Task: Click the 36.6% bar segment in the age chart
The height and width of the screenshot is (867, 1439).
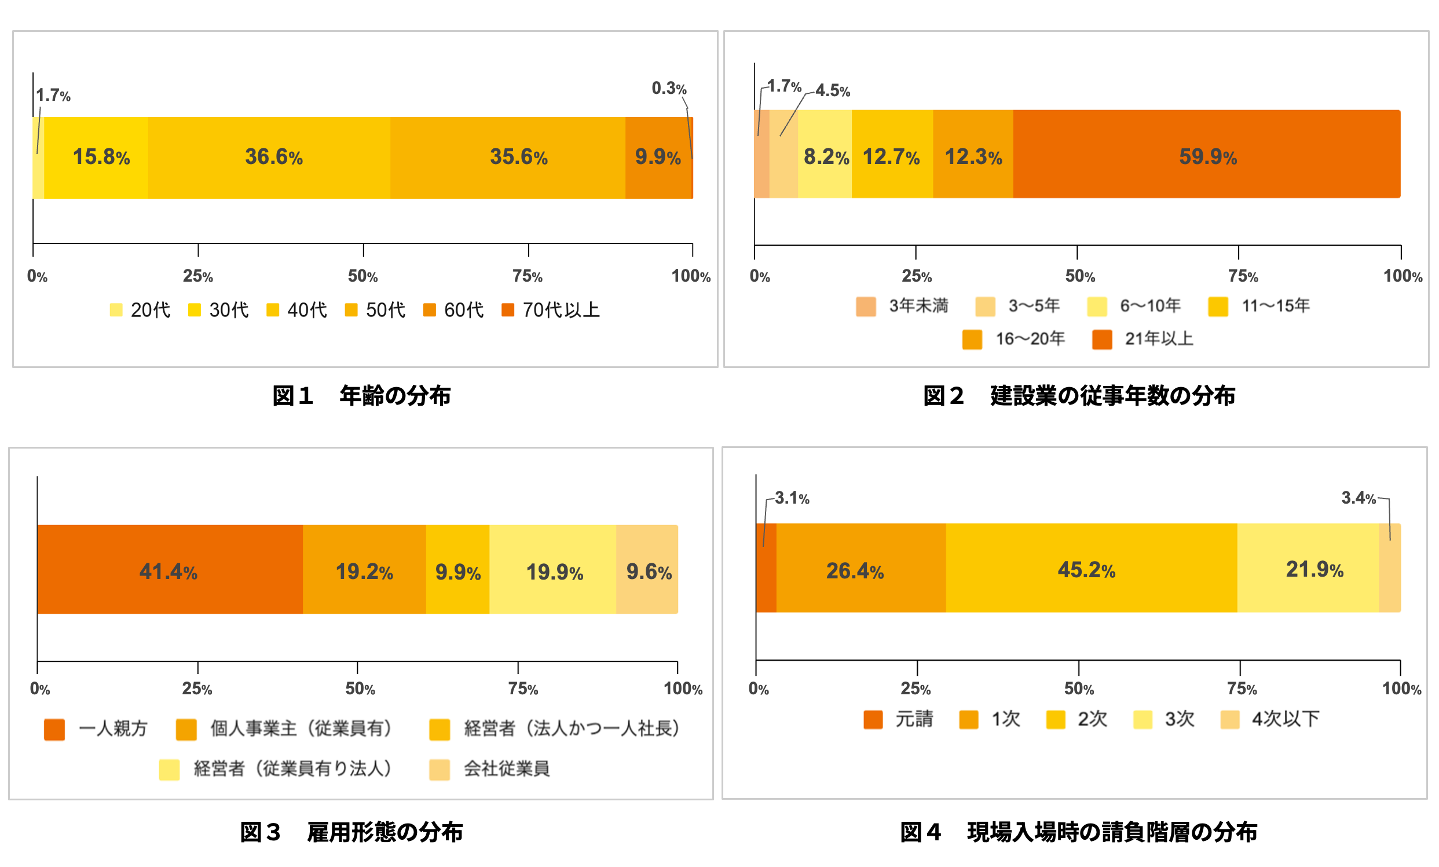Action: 269,158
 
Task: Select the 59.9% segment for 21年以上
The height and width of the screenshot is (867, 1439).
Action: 1206,154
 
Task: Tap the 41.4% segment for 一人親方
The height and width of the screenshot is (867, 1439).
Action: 170,569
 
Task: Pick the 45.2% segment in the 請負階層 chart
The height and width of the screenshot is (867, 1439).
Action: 1090,568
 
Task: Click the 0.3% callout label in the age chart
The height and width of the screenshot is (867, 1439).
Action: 669,88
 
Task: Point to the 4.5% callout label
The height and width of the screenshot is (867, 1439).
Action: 833,90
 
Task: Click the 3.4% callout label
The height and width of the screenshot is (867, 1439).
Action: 1359,498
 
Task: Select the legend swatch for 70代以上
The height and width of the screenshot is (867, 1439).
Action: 508,309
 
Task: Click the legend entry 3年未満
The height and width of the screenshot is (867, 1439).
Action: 902,306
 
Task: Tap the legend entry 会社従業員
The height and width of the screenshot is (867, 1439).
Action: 489,769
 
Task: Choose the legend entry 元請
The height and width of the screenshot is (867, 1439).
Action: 898,719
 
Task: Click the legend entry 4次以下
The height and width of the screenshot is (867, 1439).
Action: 1270,719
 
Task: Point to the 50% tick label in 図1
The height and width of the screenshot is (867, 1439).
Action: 363,276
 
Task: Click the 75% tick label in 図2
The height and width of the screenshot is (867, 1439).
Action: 1243,276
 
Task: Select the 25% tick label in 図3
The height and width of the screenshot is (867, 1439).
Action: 197,688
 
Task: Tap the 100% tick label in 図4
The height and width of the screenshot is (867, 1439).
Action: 1401,688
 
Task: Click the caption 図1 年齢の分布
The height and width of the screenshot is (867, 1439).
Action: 361,395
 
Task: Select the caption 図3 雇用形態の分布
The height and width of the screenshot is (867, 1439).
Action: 351,832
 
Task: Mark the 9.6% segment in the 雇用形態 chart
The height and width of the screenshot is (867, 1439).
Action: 647,569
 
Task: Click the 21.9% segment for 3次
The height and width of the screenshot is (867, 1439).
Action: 1308,568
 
